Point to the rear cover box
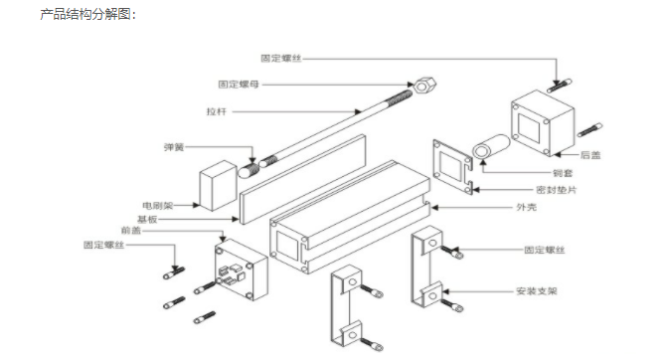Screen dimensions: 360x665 (543, 120)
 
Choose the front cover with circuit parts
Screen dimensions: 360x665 (242, 270)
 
